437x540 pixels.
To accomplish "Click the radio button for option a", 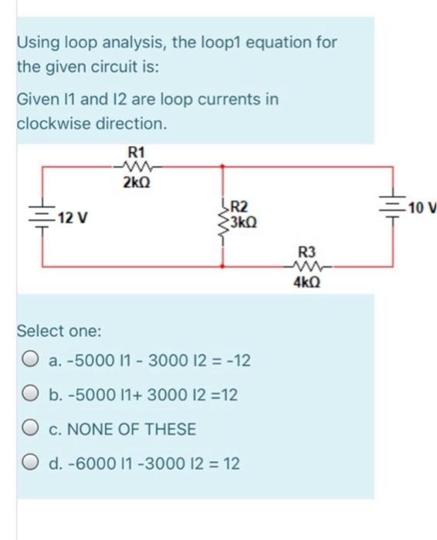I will [28, 361].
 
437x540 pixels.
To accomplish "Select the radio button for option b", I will [28, 395].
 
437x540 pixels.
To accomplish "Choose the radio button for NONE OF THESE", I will [28, 429].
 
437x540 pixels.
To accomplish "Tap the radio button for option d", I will [28, 464].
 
